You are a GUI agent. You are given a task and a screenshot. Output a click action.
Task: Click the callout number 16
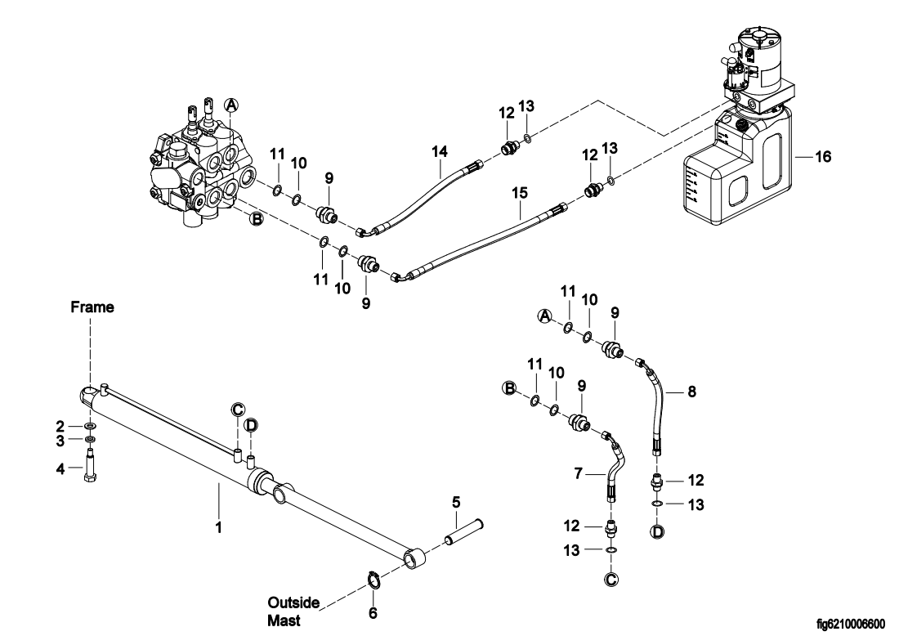(823, 157)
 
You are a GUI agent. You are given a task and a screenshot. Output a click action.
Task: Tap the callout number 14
(440, 152)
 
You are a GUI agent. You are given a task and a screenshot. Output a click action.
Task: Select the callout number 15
(520, 193)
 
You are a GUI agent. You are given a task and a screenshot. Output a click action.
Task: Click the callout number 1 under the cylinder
(218, 527)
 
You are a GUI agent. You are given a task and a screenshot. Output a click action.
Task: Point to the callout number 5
(456, 503)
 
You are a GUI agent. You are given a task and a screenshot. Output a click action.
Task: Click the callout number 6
(373, 614)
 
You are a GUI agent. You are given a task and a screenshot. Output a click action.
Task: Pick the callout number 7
(578, 473)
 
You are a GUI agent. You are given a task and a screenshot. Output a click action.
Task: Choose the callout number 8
(691, 392)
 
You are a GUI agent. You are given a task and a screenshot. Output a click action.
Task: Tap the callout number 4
(60, 469)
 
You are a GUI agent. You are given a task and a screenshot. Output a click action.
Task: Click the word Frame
(92, 307)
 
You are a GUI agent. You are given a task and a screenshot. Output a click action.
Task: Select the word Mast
(284, 621)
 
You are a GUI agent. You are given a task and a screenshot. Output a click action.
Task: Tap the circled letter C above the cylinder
(238, 410)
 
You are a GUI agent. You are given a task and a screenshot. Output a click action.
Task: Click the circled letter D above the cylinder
(251, 425)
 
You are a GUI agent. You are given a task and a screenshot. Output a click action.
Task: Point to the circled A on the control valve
(230, 105)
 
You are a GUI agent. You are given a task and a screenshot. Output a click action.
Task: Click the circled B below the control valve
(257, 218)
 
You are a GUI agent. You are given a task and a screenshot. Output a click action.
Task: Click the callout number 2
(60, 427)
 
